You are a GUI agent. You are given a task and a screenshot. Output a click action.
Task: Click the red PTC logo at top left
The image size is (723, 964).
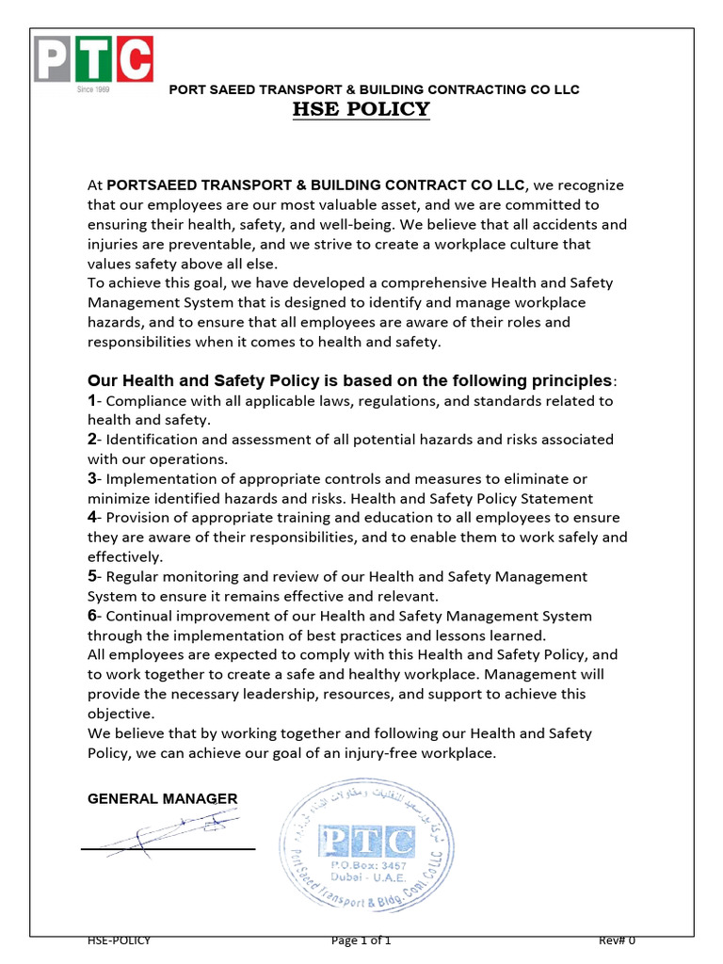click(x=93, y=58)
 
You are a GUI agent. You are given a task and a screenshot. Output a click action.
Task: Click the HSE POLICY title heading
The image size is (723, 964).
click(x=361, y=109)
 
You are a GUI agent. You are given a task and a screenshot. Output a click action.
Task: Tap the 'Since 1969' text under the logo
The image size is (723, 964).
click(x=92, y=89)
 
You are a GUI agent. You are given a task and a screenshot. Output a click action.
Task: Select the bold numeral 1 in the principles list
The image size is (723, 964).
click(x=92, y=401)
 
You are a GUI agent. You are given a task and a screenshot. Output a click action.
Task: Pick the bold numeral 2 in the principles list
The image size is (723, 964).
click(x=92, y=440)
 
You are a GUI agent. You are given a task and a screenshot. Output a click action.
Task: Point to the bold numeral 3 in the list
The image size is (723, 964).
click(x=92, y=479)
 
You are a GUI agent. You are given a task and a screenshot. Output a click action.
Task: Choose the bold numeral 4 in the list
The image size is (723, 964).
click(x=92, y=518)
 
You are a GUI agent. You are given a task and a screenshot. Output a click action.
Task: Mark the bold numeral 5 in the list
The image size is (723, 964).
click(x=92, y=576)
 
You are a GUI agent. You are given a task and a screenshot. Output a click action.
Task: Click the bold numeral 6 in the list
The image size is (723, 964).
click(x=92, y=616)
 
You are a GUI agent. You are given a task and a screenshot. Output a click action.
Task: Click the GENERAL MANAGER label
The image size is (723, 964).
click(x=162, y=799)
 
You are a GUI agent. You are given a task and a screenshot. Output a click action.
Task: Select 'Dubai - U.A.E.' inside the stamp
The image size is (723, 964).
click(x=366, y=877)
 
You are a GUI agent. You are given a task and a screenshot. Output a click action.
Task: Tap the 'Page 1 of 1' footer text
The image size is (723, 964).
click(x=361, y=940)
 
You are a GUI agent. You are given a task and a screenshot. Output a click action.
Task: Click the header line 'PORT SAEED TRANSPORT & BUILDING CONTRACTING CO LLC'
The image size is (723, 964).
click(x=373, y=89)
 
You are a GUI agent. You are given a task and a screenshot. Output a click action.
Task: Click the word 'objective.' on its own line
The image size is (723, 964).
click(x=120, y=714)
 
